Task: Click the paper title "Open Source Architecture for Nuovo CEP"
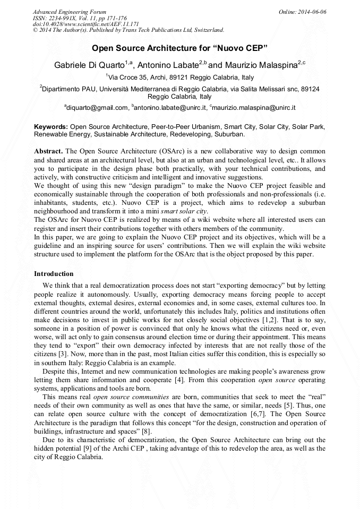[x=179, y=48]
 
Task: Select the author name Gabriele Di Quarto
[x=89, y=65]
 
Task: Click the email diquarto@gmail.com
[x=97, y=108]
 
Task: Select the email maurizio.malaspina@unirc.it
[x=254, y=108]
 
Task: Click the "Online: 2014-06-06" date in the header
[x=303, y=11]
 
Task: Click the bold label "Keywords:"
[x=51, y=127]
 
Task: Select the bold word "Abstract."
[x=48, y=151]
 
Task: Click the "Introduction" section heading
[x=54, y=274]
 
